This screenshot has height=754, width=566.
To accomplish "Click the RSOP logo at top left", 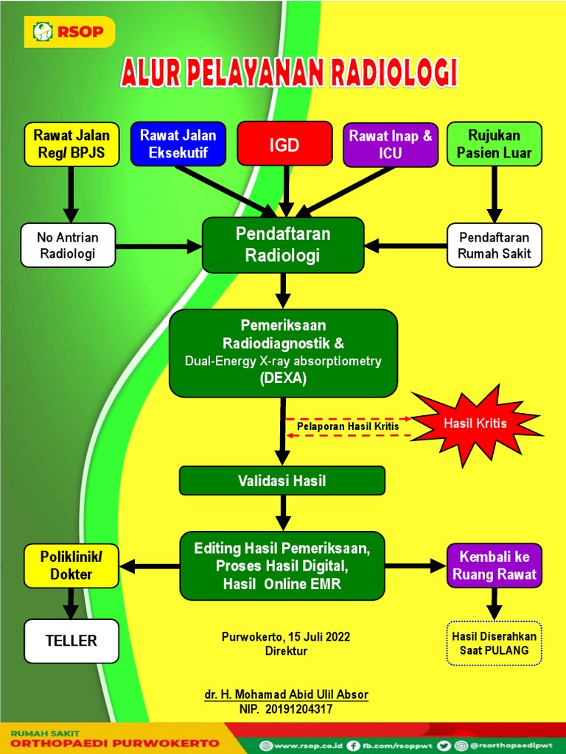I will tap(68, 31).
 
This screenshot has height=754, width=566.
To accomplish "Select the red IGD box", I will tap(284, 144).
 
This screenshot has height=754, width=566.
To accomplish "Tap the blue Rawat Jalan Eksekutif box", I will tap(178, 144).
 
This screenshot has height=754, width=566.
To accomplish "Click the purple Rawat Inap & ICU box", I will tap(390, 144).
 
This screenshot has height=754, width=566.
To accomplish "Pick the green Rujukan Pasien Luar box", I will tap(494, 144).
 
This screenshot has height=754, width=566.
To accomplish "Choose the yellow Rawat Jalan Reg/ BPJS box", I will tap(71, 144).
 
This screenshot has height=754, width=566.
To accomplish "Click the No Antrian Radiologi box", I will tap(67, 245).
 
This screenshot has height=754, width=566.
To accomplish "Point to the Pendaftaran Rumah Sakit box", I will tap(494, 245).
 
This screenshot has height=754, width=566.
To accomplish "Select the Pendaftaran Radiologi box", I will tap(283, 245).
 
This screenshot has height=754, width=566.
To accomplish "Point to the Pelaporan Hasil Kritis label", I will tap(348, 426).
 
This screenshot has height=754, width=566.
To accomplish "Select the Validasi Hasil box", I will tap(282, 481).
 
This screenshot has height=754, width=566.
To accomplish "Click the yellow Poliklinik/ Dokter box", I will tap(71, 565).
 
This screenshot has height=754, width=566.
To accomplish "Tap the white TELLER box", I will tap(71, 641).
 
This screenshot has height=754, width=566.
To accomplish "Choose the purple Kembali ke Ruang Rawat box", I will tap(494, 565).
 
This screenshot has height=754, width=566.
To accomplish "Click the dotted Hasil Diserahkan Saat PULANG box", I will tap(494, 644).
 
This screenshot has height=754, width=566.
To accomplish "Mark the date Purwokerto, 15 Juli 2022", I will tap(286, 637).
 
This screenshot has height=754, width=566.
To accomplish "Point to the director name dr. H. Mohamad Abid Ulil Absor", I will tap(286, 694).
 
